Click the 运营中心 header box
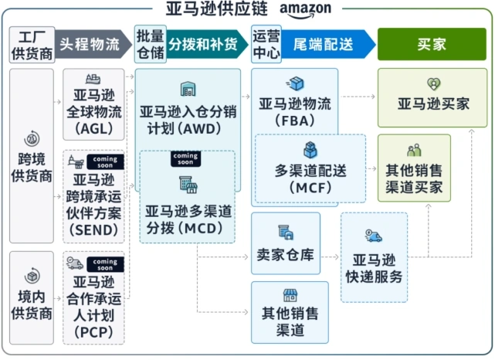266,44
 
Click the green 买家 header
432,44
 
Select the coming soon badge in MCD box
185,159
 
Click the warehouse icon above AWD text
188,89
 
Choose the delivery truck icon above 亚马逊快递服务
374,236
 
